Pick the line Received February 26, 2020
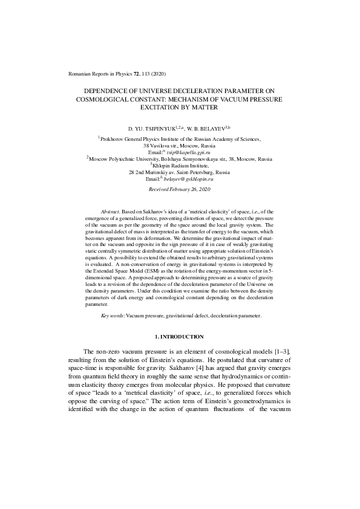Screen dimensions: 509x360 [x=180, y=190]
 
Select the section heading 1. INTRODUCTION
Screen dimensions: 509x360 [x=180, y=336]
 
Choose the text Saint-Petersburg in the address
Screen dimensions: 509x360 [x=183, y=172]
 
